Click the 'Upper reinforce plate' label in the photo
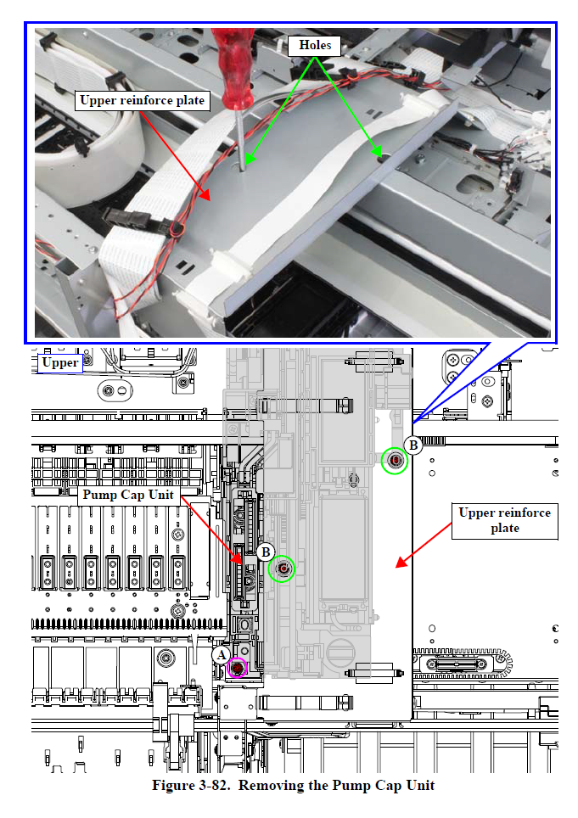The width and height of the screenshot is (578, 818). [142, 101]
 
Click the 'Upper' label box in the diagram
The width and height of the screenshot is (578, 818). [60, 363]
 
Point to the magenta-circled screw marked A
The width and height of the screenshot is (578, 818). [237, 669]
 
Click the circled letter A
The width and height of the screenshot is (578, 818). [220, 655]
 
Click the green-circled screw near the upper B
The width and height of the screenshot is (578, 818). [395, 460]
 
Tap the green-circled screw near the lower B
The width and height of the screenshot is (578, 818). [282, 569]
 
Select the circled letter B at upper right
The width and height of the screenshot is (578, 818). [413, 445]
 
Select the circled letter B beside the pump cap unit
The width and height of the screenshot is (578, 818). [266, 551]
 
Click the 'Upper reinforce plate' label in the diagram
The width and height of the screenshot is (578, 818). [503, 520]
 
